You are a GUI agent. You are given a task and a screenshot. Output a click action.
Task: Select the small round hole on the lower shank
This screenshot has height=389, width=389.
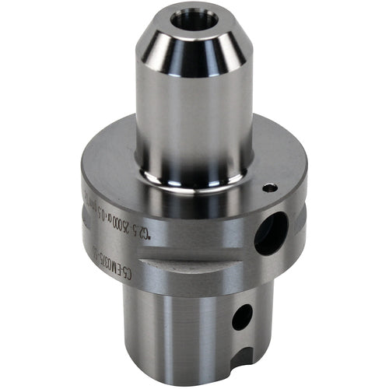point(243,316)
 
